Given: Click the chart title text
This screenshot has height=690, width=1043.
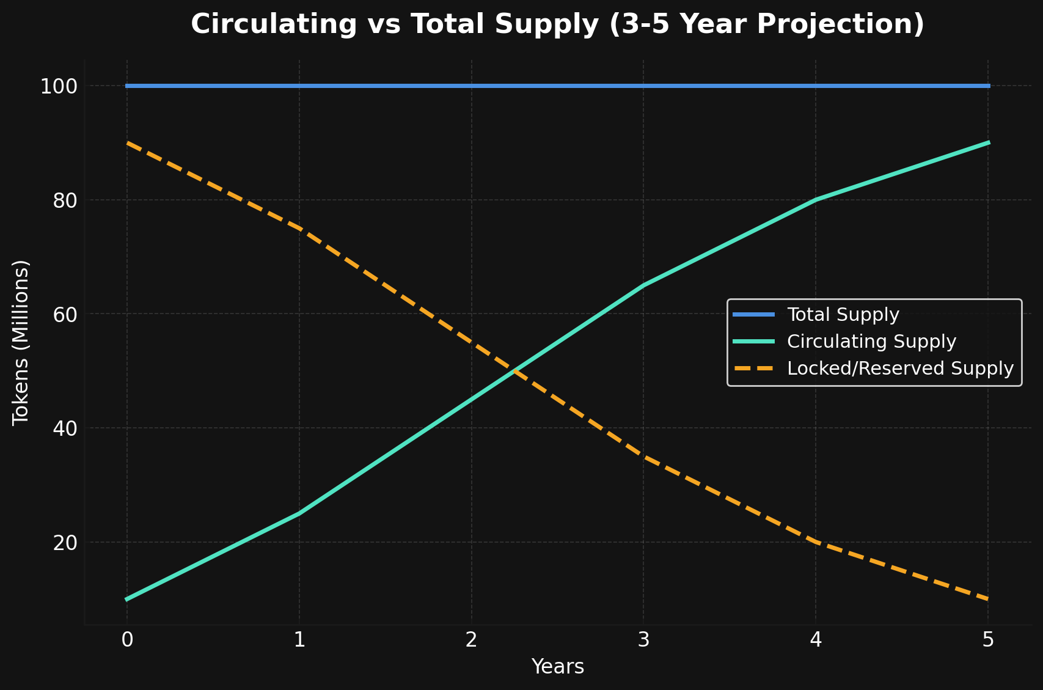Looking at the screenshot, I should click(557, 25).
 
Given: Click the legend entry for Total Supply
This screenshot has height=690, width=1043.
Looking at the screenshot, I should click(843, 315).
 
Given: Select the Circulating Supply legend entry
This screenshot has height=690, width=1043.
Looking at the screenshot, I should click(871, 342).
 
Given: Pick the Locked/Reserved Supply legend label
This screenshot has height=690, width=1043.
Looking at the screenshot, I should click(900, 369).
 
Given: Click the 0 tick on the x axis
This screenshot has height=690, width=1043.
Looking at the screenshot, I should click(127, 640).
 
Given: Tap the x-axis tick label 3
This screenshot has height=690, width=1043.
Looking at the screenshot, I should click(643, 640).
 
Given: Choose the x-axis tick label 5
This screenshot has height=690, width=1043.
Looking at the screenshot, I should click(988, 640).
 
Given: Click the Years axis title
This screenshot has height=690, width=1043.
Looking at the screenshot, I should click(557, 667).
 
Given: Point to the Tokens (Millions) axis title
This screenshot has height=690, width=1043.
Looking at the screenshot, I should click(21, 342).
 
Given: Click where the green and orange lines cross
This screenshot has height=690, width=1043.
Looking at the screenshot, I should click(514, 370).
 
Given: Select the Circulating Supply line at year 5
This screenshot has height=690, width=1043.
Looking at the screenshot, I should click(988, 142).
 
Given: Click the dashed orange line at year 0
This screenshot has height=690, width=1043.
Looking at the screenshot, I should click(127, 142).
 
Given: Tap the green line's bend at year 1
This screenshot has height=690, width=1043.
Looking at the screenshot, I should click(299, 513).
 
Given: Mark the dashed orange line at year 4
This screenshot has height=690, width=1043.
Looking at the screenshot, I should click(816, 541).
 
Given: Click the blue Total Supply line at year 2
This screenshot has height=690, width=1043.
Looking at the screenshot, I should click(471, 86).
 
